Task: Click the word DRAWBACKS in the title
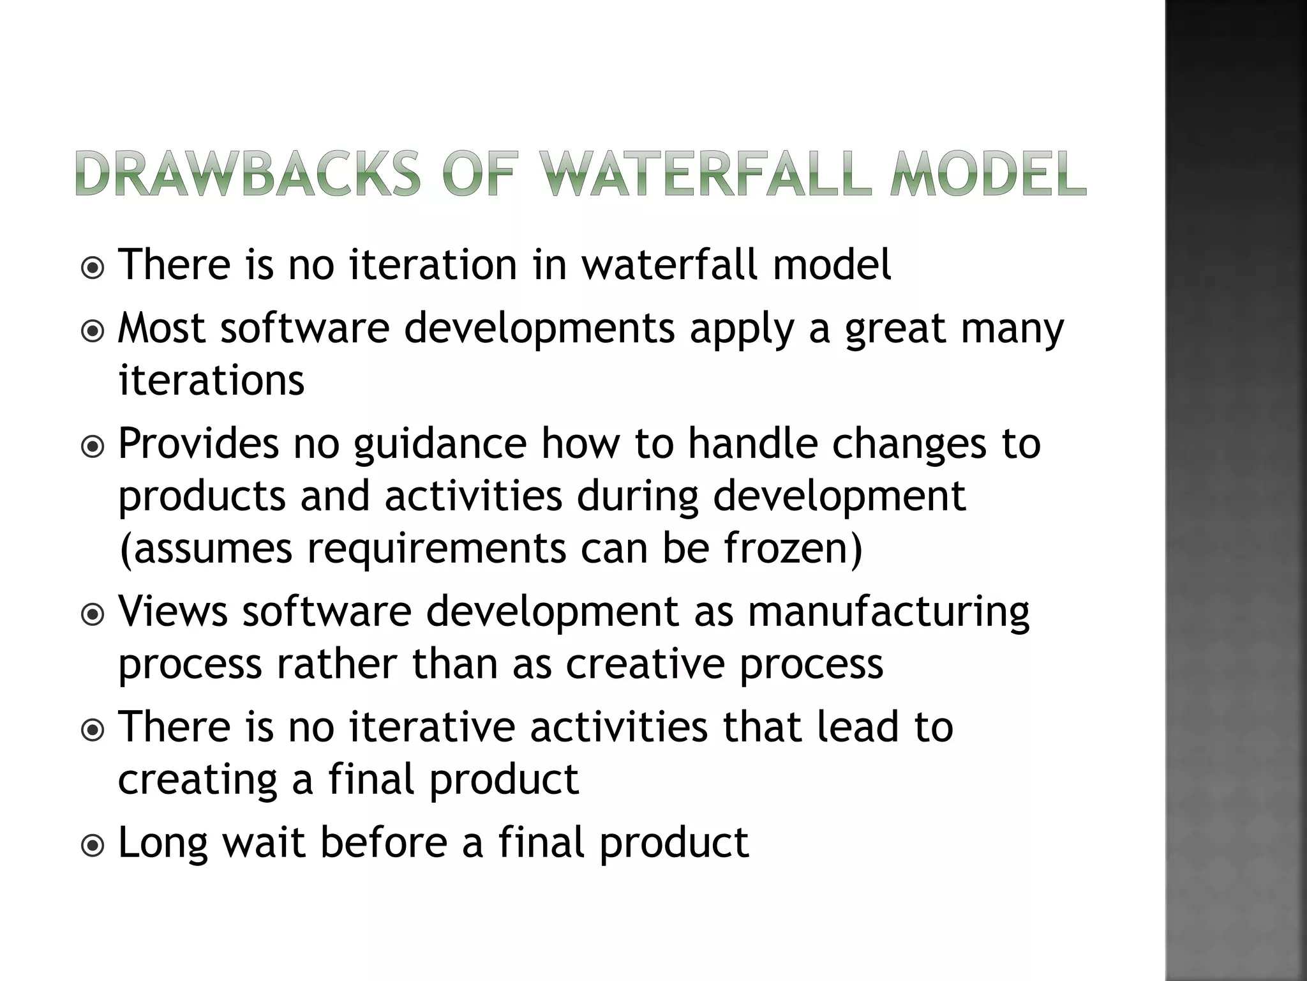click(x=248, y=173)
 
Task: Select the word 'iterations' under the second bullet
click(x=211, y=381)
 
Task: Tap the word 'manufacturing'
click(x=888, y=612)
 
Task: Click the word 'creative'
click(x=645, y=664)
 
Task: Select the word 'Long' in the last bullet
click(x=163, y=844)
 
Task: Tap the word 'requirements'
click(x=437, y=549)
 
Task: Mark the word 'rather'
click(x=336, y=664)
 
